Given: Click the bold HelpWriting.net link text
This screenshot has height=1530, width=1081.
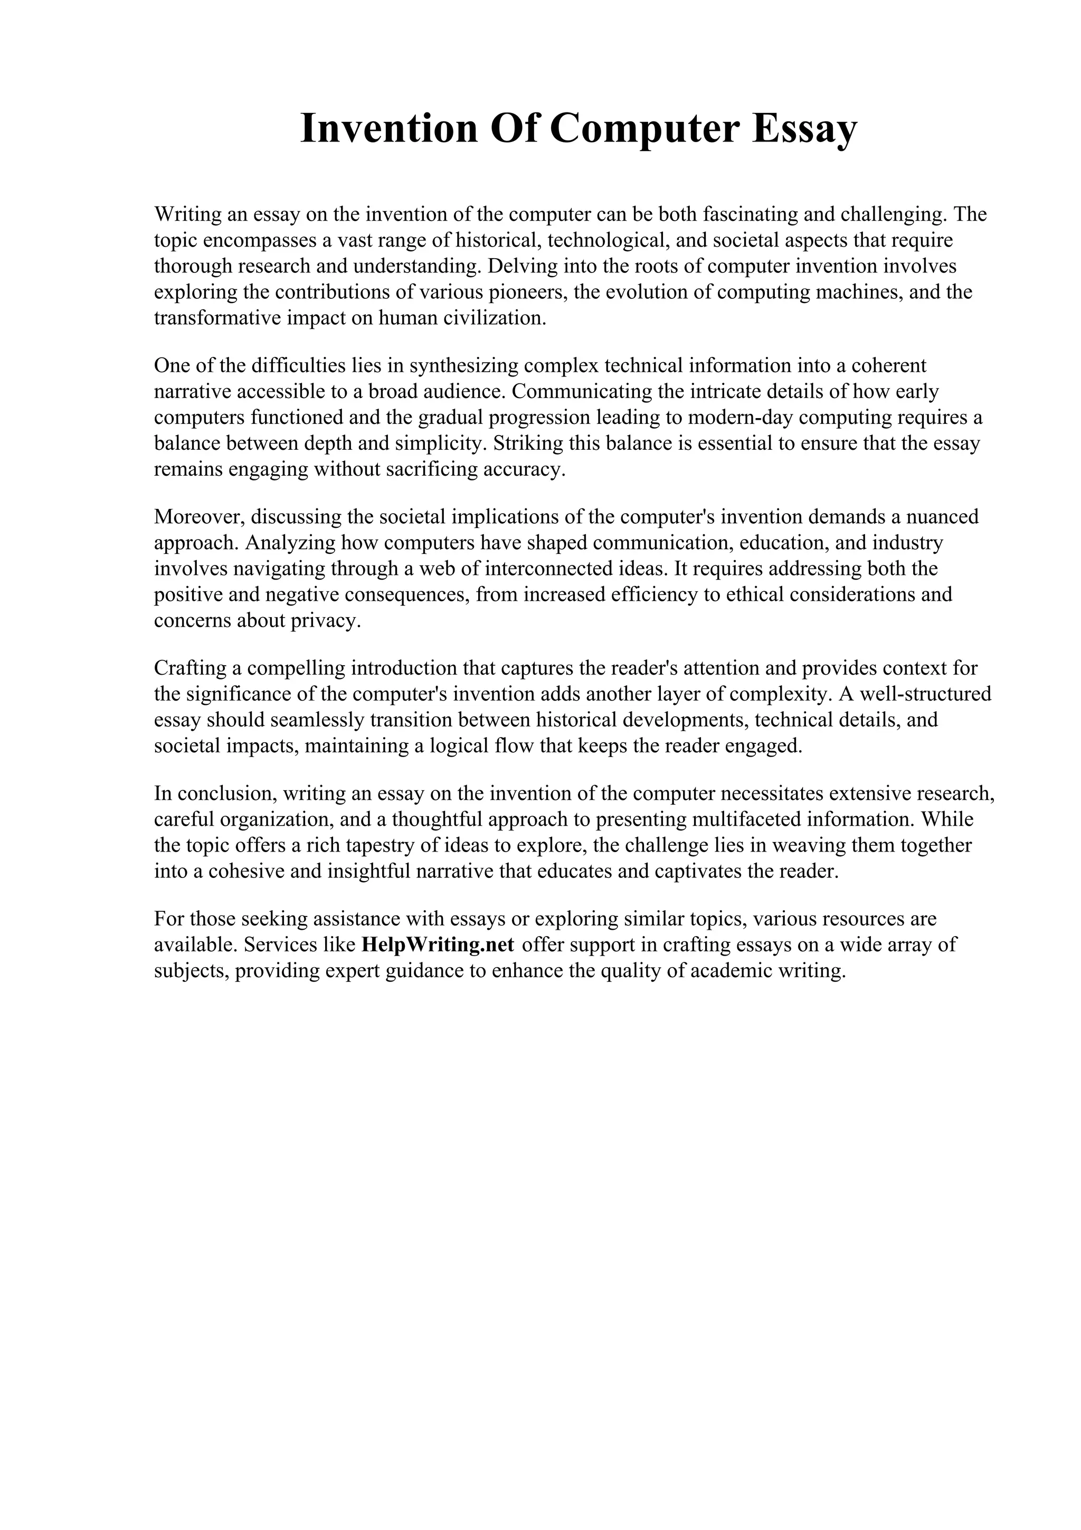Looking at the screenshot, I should tap(438, 945).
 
